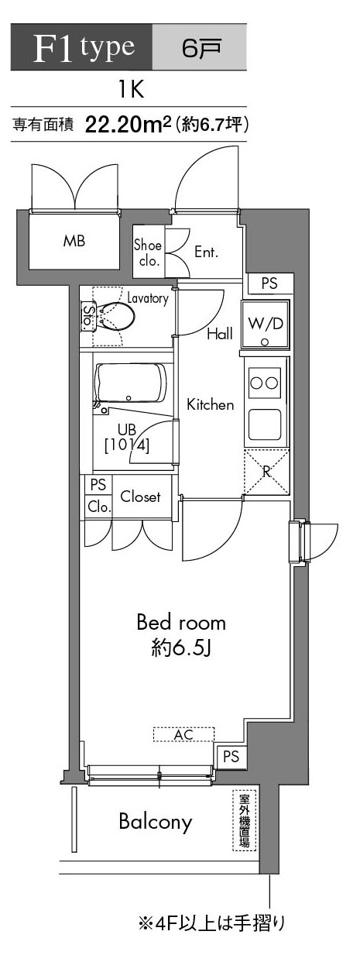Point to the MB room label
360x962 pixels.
click(x=74, y=240)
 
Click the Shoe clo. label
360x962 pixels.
click(x=148, y=253)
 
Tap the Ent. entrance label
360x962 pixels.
click(x=207, y=253)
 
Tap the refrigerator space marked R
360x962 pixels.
click(x=266, y=472)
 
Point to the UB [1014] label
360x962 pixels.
click(x=127, y=438)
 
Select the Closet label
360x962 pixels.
click(x=140, y=496)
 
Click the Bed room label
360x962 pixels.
click(x=181, y=633)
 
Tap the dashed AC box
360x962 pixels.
click(x=183, y=734)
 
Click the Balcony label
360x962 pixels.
click(x=155, y=822)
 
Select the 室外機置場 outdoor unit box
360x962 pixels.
click(x=245, y=819)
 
